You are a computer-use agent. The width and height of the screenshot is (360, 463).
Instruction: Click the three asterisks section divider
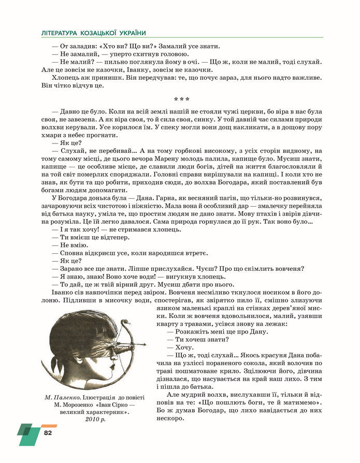[180, 99]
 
